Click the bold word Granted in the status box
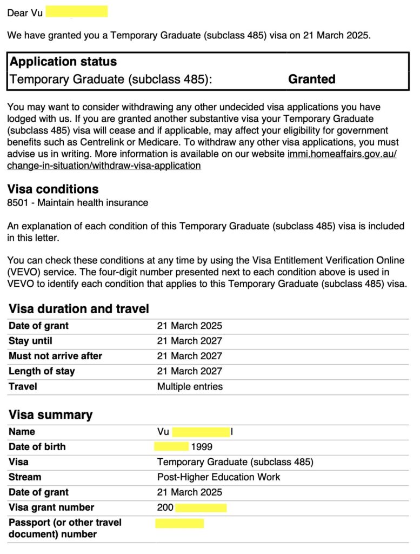pos(311,79)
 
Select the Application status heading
pos(63,61)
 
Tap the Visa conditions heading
pos(52,189)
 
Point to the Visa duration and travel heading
pos(79,309)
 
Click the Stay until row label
pos(30,341)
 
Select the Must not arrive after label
pos(55,356)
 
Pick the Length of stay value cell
pos(189,371)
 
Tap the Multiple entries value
pos(190,386)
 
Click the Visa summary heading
pos(50,415)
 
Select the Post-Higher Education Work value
pos(218,477)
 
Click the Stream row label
pos(25,477)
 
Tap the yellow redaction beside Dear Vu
pos(76,11)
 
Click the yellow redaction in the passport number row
pos(179,523)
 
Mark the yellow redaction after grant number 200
pos(201,507)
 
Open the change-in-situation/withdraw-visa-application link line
pos(104,166)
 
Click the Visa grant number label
pos(51,507)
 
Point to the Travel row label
pos(23,386)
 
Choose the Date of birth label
pos(37,447)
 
